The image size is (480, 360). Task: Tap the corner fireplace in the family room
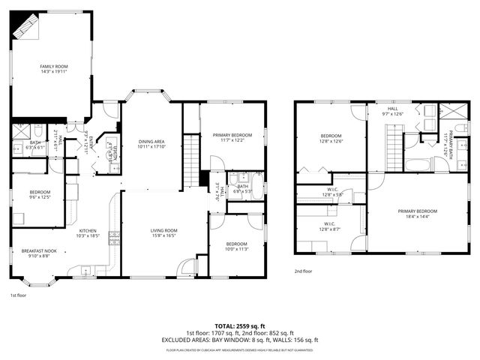[26, 28]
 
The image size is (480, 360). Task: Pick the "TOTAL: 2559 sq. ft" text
[239, 325]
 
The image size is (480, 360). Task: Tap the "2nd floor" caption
[303, 271]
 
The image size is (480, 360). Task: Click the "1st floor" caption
[19, 295]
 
